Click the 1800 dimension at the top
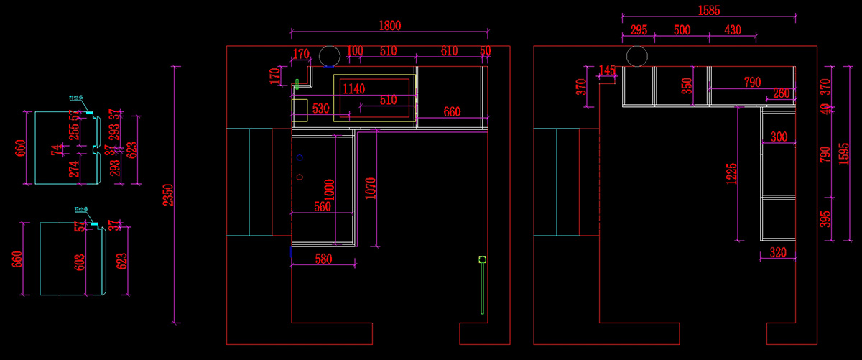[389, 25]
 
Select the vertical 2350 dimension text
[167, 195]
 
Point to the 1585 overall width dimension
[708, 11]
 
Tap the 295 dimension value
[639, 30]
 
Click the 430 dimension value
[732, 30]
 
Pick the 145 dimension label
[608, 70]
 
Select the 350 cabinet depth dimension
[687, 86]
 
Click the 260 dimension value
[782, 93]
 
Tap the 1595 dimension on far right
[845, 152]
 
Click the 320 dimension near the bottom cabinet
[778, 252]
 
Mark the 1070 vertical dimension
[371, 188]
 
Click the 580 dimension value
[323, 259]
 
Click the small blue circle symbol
[300, 157]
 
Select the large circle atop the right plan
[636, 56]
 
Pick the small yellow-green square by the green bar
[483, 259]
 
